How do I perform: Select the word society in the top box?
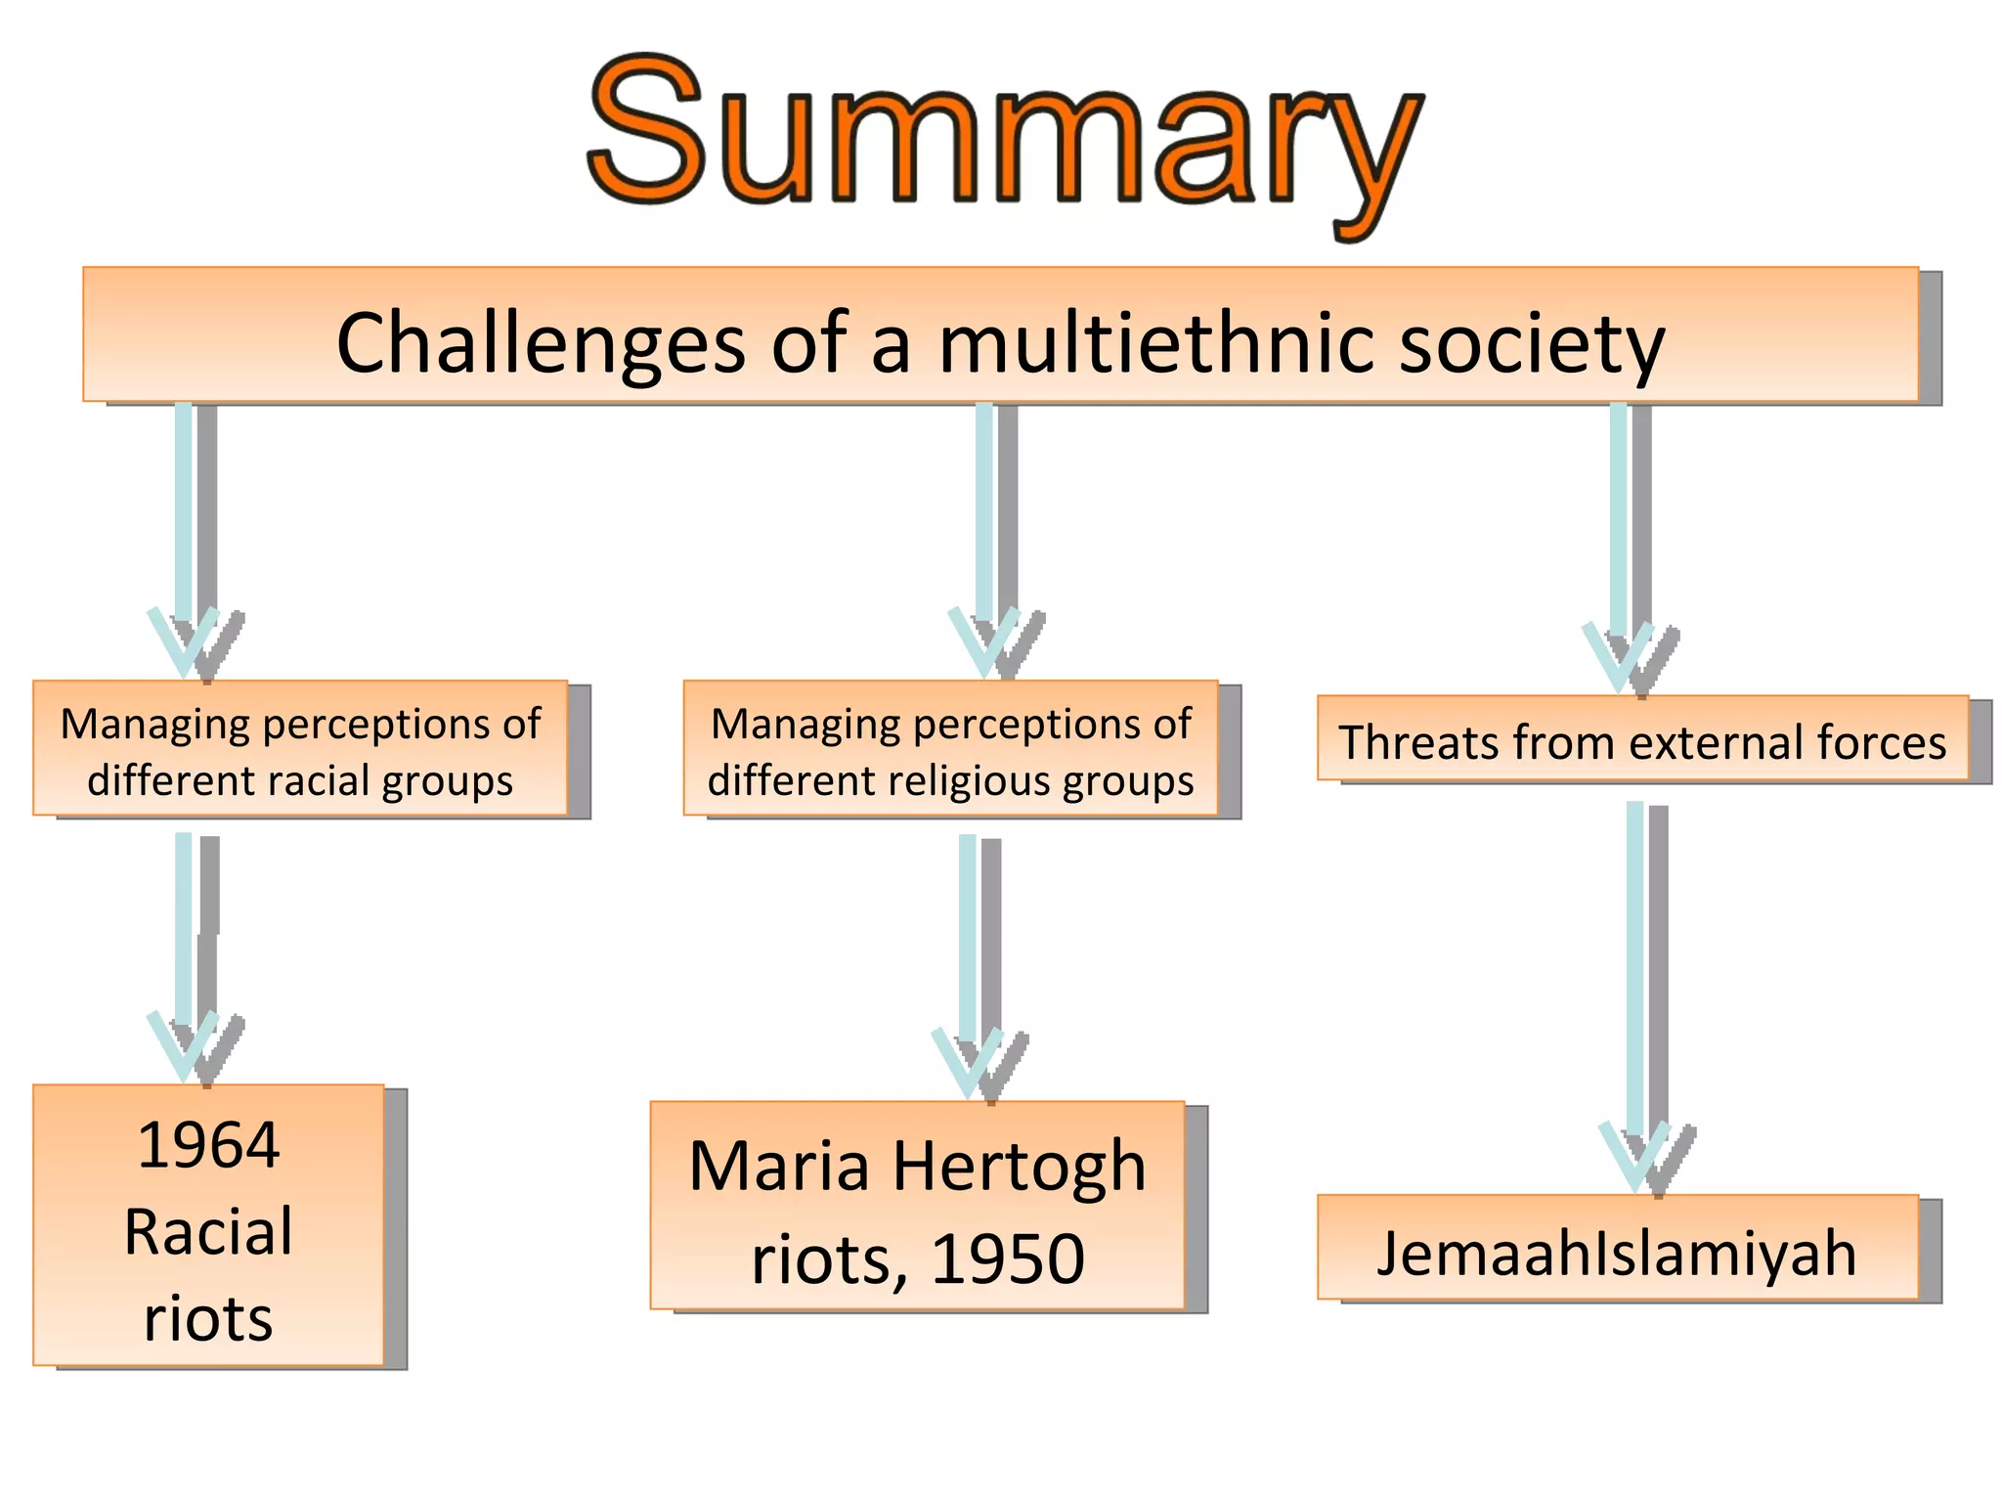coord(1531,343)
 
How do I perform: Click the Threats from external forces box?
coord(1642,740)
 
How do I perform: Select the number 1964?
coord(208,1145)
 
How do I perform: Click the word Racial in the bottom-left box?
coord(208,1231)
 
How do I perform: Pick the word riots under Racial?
coord(208,1318)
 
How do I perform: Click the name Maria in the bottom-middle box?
coord(779,1167)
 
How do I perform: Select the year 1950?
coord(1007,1259)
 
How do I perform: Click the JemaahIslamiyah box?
coord(1617,1252)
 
